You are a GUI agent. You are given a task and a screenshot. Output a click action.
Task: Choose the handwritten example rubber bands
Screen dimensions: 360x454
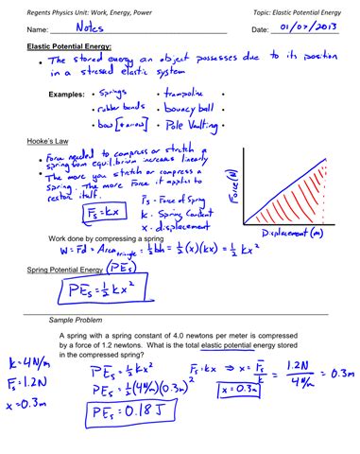click(122, 109)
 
